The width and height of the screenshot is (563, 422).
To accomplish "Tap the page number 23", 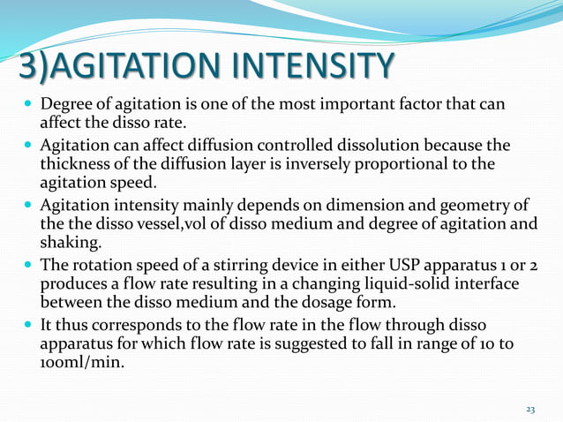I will (530, 409).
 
